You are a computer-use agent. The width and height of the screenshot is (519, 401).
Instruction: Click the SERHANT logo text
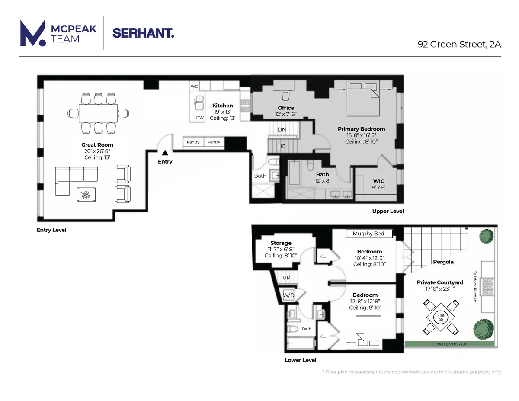(x=143, y=33)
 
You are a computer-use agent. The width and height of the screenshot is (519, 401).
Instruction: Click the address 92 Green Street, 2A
(x=459, y=44)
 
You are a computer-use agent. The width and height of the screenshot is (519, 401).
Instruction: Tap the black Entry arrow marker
(x=165, y=153)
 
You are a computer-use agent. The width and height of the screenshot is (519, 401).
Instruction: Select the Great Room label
(x=97, y=145)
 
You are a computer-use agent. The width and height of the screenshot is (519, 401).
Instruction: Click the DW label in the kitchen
(x=200, y=118)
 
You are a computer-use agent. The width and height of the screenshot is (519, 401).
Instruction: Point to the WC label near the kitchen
(x=194, y=87)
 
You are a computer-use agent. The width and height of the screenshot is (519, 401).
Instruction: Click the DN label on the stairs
(x=282, y=129)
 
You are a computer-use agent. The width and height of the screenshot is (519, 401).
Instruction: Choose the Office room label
(x=285, y=108)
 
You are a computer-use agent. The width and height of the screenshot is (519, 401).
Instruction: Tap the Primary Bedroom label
(x=361, y=129)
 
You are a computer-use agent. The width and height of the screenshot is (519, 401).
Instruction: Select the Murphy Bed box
(x=368, y=234)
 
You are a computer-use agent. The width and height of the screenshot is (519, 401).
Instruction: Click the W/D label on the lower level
(x=288, y=295)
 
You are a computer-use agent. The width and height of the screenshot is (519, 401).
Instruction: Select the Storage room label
(x=281, y=243)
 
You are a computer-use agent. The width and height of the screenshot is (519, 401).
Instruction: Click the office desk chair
(x=285, y=96)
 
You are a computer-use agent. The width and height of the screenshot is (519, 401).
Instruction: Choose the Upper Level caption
(x=388, y=212)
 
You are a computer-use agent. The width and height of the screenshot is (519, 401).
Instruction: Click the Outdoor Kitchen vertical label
(x=474, y=286)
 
